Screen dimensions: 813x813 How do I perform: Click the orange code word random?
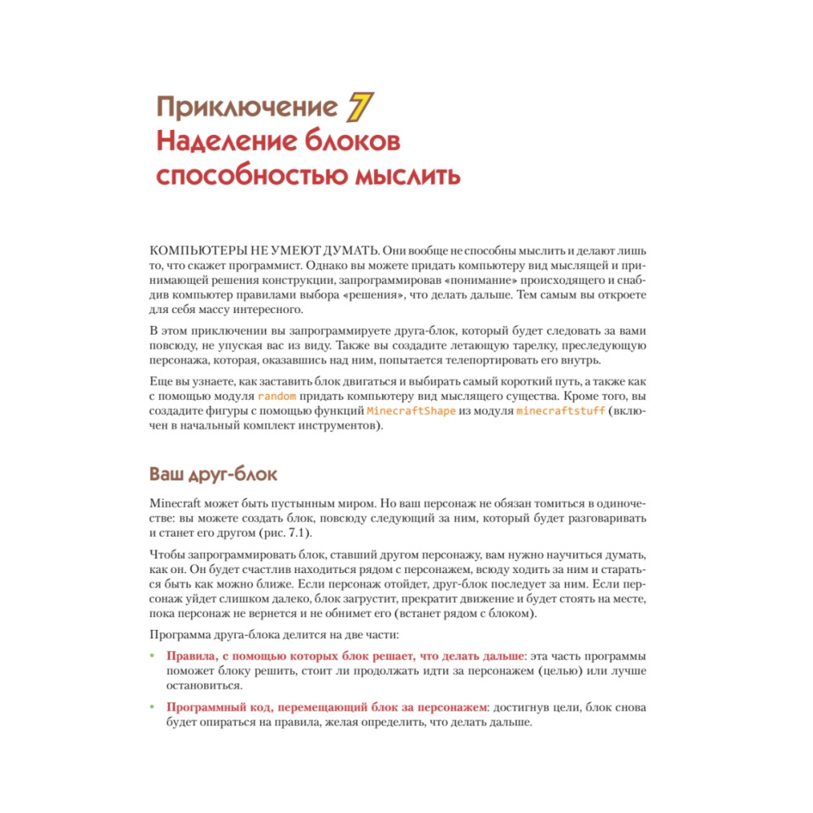click(276, 396)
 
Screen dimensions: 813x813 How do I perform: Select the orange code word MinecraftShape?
click(411, 411)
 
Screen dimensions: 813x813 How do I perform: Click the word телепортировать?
click(482, 360)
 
